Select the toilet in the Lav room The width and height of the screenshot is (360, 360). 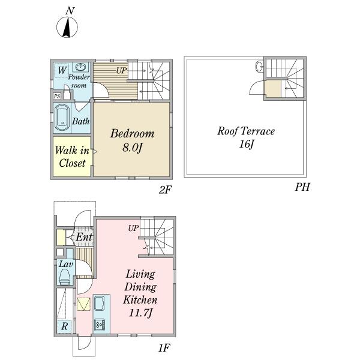[x=65, y=276]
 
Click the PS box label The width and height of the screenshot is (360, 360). [x=57, y=96]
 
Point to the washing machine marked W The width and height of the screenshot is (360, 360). [x=62, y=70]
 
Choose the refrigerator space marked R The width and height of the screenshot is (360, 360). [x=65, y=326]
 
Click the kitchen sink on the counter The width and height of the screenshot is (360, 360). [x=100, y=303]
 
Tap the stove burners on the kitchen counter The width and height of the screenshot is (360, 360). [x=100, y=325]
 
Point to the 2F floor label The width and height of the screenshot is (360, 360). [x=165, y=190]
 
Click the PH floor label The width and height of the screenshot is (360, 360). [x=302, y=187]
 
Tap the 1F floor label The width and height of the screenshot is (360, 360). [x=164, y=348]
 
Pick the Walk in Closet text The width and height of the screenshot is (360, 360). [x=72, y=157]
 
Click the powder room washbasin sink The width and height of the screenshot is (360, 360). [x=81, y=67]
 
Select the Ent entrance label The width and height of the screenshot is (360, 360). [x=84, y=237]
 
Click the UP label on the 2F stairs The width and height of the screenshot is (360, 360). [x=121, y=71]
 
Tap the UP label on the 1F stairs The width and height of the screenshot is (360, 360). [x=133, y=228]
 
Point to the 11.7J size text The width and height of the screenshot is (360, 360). [x=140, y=313]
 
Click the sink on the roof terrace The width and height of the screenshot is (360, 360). [x=259, y=67]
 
